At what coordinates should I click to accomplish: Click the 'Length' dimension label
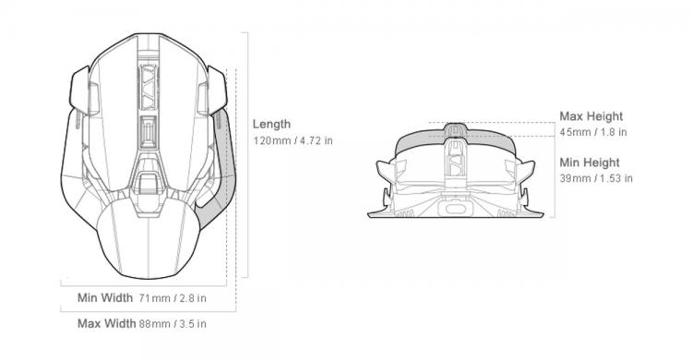[271, 125]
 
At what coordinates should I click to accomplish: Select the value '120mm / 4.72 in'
[292, 141]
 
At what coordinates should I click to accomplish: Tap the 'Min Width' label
[105, 298]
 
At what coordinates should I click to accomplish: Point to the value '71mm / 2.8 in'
[173, 298]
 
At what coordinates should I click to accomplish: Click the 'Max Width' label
[106, 323]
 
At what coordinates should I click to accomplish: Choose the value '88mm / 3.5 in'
[173, 324]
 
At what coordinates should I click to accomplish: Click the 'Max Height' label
[591, 116]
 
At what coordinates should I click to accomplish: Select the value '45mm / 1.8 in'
[593, 132]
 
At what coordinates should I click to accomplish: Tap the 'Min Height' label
[590, 162]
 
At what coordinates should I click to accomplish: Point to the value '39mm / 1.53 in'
[596, 178]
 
